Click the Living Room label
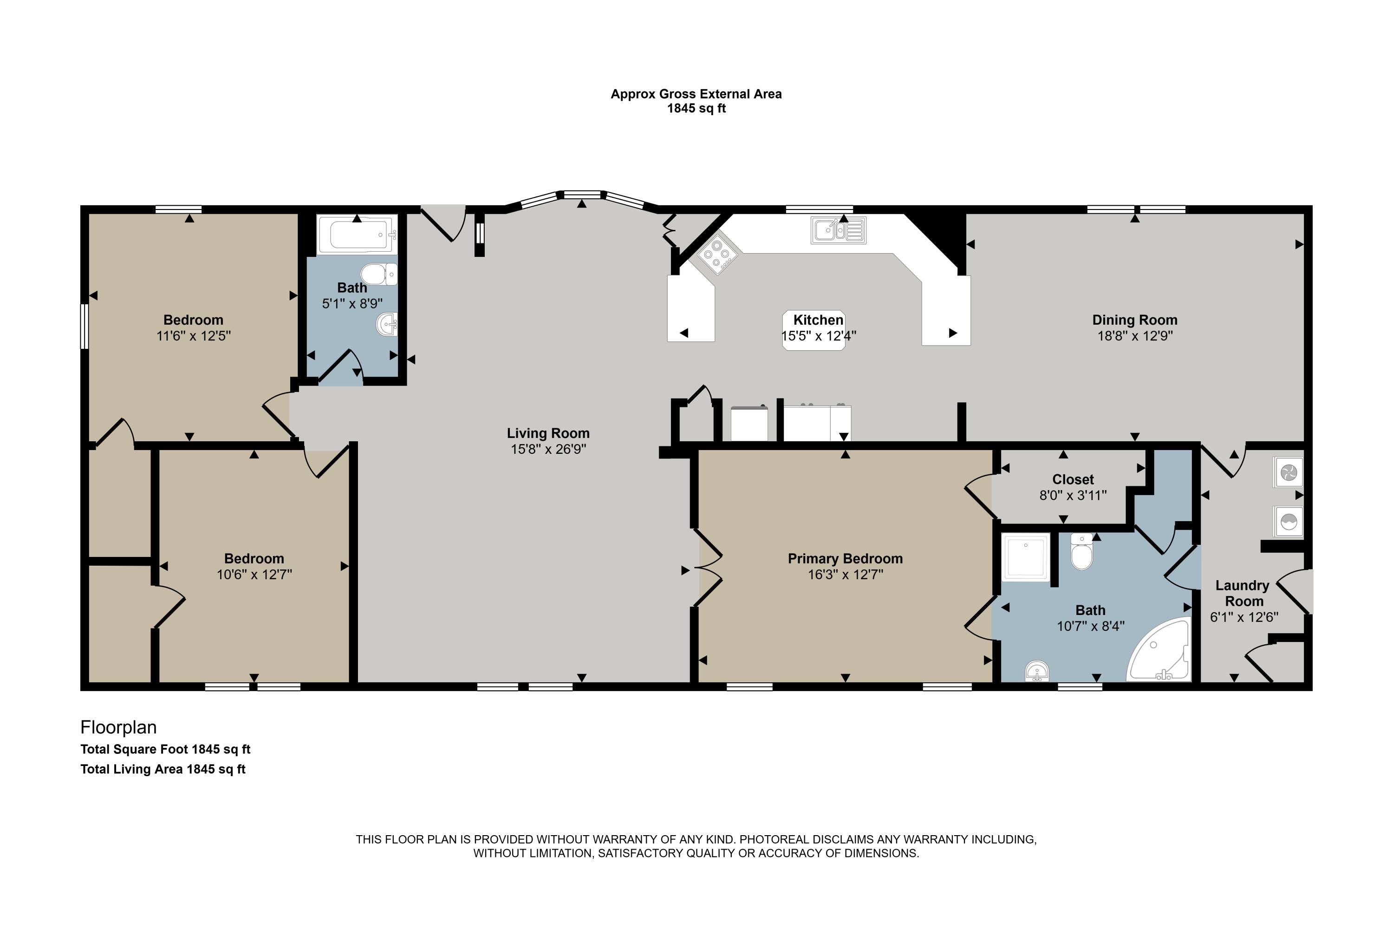tap(548, 434)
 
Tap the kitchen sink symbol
tap(838, 230)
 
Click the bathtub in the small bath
tap(357, 235)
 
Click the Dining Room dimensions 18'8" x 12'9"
tap(1135, 336)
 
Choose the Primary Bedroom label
tap(845, 559)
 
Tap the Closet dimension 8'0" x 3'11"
tap(1073, 495)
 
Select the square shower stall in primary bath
tap(1025, 557)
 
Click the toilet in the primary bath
tap(1081, 552)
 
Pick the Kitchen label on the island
tap(818, 320)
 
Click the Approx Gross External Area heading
tap(696, 94)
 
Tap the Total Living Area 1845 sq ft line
tap(163, 769)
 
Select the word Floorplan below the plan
tap(118, 727)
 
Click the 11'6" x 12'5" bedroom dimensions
tap(193, 336)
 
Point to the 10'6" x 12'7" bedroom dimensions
tap(254, 575)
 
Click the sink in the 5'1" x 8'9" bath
tap(386, 324)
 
